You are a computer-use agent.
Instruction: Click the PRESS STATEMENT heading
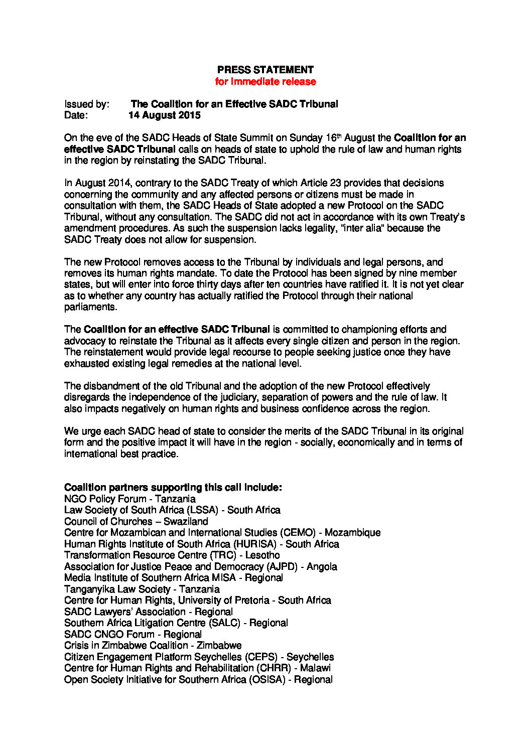(265, 70)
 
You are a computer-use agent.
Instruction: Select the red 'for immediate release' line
(265, 81)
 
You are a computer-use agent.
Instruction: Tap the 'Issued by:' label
(87, 104)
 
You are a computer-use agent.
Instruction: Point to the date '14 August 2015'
(164, 115)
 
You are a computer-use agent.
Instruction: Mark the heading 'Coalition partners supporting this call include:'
(173, 488)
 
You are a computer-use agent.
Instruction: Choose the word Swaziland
(186, 522)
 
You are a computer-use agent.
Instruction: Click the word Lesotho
(262, 555)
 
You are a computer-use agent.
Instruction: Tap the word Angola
(322, 567)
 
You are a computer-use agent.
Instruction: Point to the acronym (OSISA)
(267, 680)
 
